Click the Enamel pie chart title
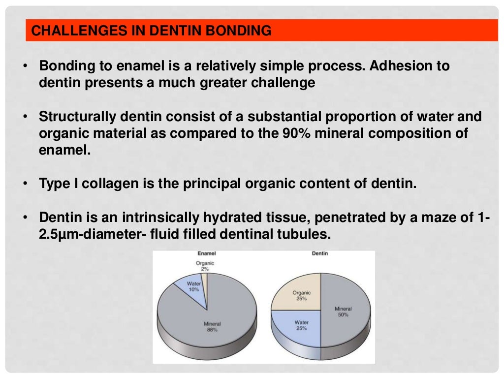207,253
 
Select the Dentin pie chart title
320,253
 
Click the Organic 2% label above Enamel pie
205,266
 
